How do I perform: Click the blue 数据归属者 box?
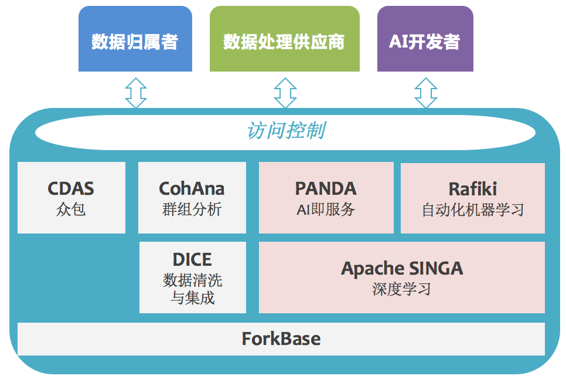[135, 39]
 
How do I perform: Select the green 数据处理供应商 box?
[284, 39]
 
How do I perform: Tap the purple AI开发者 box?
[425, 39]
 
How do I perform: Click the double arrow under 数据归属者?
[135, 92]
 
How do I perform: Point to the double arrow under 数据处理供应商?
[285, 92]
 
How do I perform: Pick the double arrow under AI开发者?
[426, 92]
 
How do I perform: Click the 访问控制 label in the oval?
[285, 130]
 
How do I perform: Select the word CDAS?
[71, 188]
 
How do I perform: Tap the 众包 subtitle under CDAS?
[71, 209]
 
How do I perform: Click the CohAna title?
[192, 188]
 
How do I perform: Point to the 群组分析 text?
[192, 209]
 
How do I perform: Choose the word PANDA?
[326, 188]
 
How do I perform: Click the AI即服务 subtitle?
[326, 209]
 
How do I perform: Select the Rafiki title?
[472, 188]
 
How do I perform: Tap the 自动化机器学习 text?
[472, 209]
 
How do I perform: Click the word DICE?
[192, 259]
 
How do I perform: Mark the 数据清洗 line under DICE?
[192, 280]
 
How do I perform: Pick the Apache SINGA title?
[402, 269]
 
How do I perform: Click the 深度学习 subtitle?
[402, 289]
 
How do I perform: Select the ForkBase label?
[281, 339]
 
